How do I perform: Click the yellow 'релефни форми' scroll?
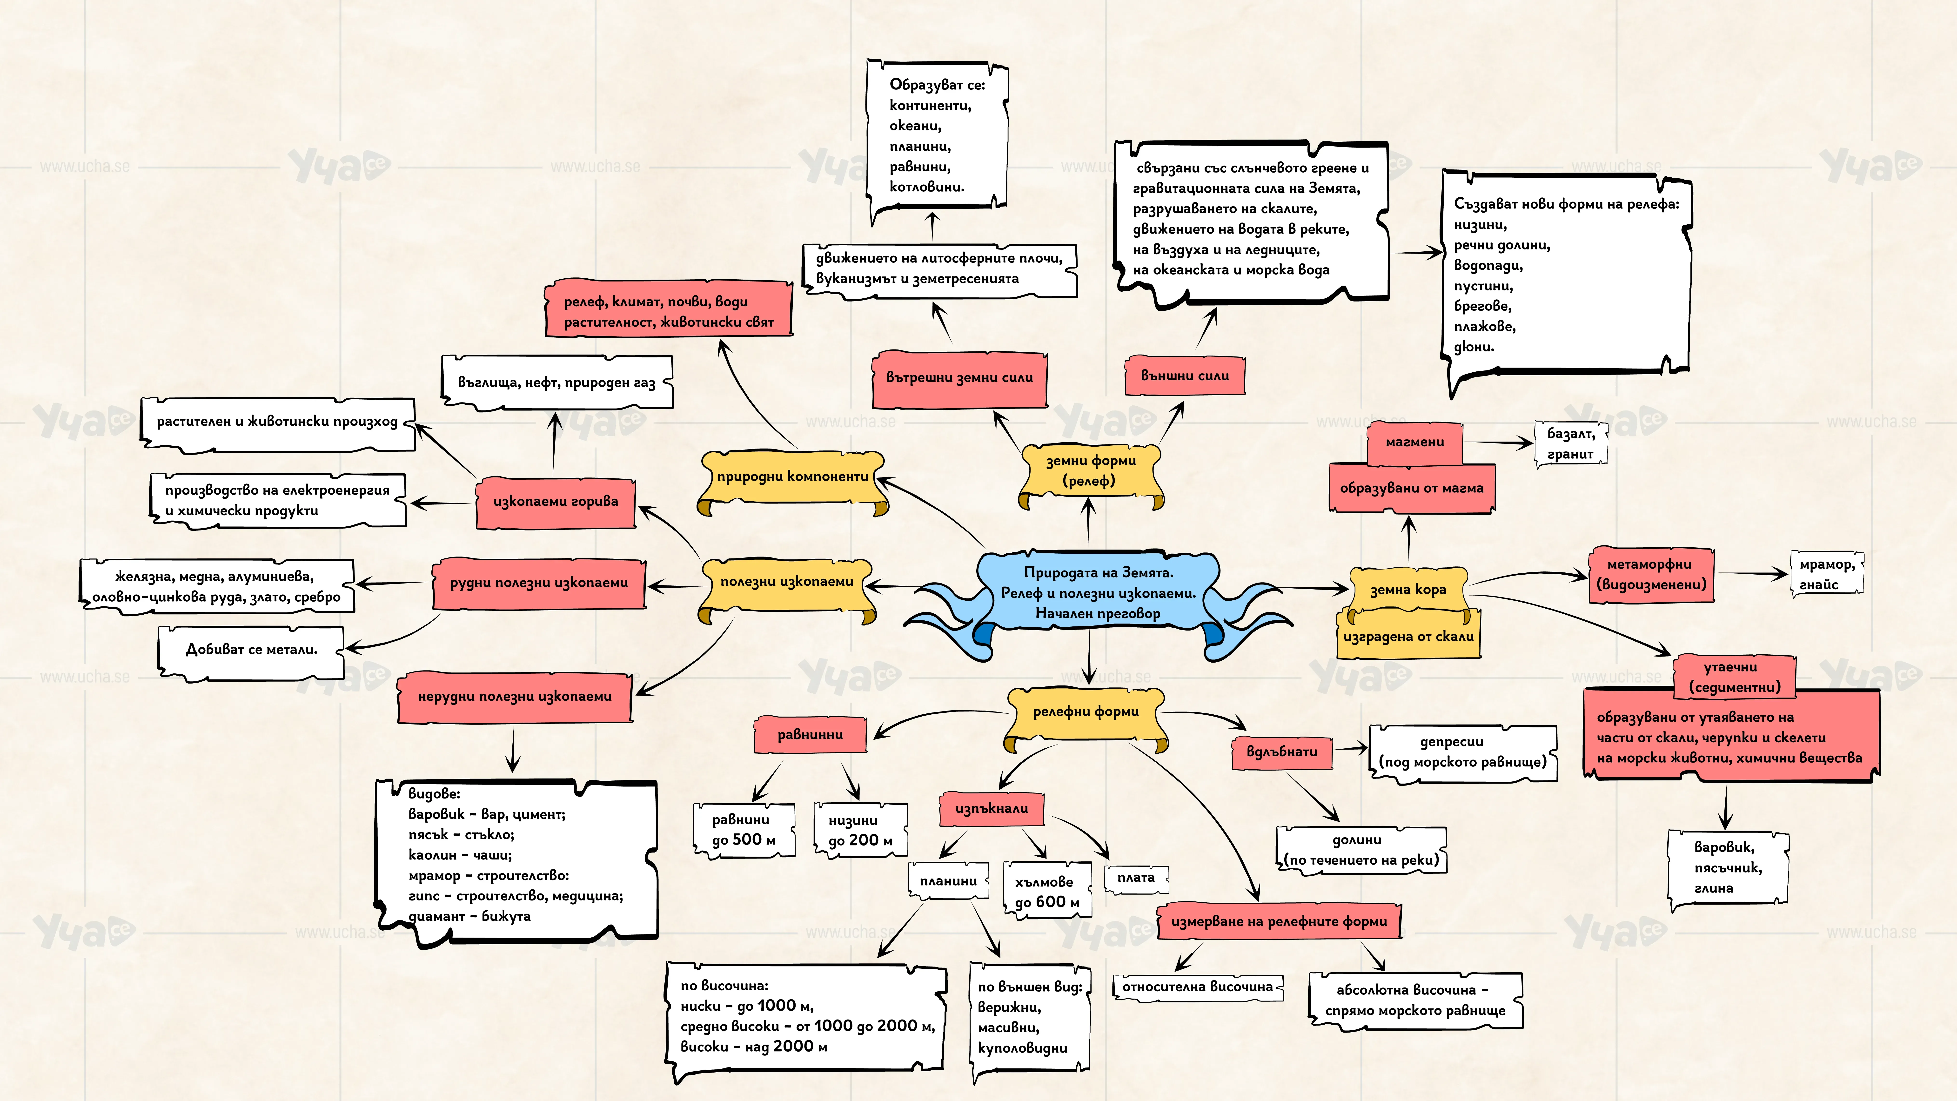click(x=1086, y=718)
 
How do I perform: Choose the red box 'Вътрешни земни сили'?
click(x=959, y=378)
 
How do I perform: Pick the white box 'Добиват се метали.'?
click(x=251, y=651)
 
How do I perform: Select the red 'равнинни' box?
click(x=810, y=735)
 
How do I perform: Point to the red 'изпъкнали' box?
click(x=992, y=808)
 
